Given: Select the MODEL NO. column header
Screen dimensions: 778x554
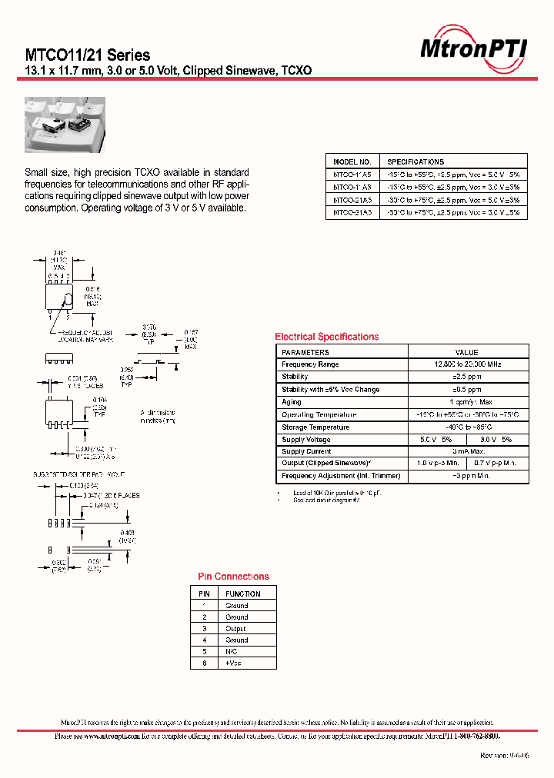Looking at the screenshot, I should click(x=352, y=162).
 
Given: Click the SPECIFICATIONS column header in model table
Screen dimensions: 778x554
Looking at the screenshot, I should click(x=415, y=162).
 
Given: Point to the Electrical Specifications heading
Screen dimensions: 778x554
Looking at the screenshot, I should click(x=327, y=337).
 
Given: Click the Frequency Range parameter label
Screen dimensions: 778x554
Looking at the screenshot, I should click(x=310, y=364).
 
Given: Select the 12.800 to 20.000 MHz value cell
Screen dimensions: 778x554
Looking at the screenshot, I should click(x=466, y=364).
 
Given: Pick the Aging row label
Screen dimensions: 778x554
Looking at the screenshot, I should click(x=292, y=402).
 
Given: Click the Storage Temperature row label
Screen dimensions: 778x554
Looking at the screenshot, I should click(x=315, y=427).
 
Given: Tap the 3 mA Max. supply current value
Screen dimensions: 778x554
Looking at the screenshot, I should click(x=466, y=451).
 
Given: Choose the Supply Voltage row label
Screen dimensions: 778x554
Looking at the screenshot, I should click(x=306, y=440).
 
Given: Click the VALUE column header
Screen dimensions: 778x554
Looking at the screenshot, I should click(x=466, y=352).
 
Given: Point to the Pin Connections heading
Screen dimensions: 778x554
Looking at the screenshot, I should click(x=233, y=577).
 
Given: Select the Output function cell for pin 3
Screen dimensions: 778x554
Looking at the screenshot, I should click(x=235, y=628).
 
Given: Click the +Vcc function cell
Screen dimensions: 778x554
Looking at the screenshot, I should click(x=233, y=663).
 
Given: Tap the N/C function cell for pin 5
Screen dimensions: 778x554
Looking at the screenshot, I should click(x=232, y=651).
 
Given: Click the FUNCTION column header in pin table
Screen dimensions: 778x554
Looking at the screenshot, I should click(x=242, y=593).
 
